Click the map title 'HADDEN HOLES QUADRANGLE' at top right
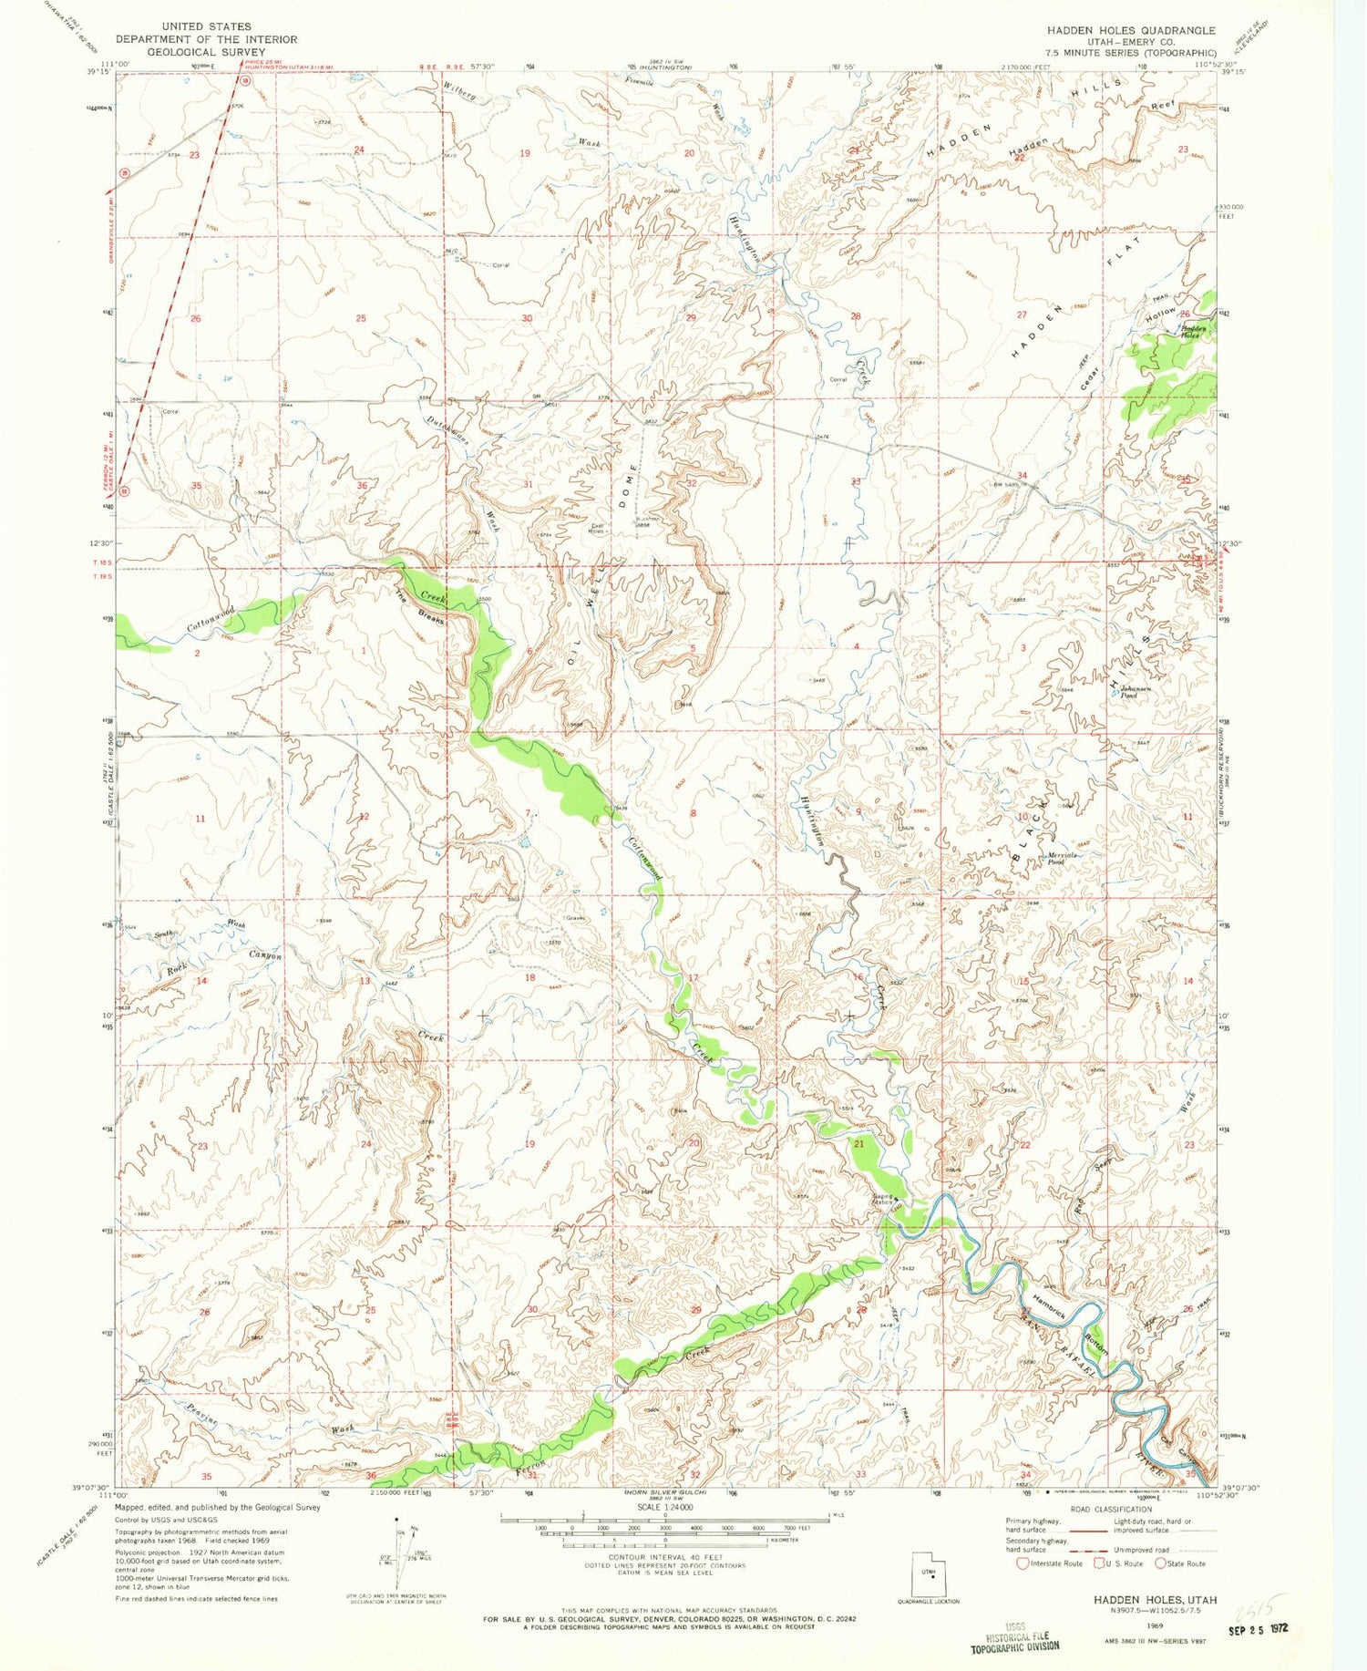pyautogui.click(x=1130, y=30)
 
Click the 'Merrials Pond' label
pyautogui.click(x=1063, y=858)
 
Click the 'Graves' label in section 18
pyautogui.click(x=573, y=917)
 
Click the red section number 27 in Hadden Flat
pyautogui.click(x=1021, y=315)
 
